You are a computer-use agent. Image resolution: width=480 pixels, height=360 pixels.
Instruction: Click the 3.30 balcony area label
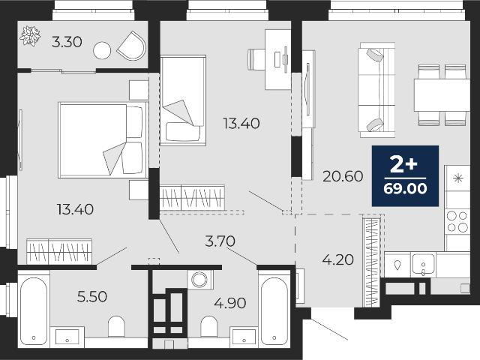(67, 42)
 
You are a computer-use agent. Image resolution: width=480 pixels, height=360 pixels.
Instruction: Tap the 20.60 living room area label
(343, 176)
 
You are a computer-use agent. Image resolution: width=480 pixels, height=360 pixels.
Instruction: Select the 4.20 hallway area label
(338, 259)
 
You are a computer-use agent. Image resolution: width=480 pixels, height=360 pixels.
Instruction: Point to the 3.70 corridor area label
(220, 241)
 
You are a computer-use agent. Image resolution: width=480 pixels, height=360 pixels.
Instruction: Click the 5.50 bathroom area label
(92, 296)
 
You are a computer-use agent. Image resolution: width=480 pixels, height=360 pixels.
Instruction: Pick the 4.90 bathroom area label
(230, 303)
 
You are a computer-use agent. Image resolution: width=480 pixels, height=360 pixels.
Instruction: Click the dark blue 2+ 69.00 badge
(405, 175)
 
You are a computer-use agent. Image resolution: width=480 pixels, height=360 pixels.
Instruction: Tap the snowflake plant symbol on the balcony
(30, 36)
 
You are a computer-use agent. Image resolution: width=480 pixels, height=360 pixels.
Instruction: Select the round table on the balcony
(102, 50)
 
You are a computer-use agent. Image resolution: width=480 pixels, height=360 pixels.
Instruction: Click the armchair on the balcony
(132, 46)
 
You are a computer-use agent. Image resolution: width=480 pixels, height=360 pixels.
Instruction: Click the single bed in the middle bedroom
(183, 100)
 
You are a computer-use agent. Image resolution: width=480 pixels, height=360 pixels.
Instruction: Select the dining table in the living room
(442, 95)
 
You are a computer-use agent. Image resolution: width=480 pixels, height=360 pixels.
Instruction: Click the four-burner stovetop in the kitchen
(457, 222)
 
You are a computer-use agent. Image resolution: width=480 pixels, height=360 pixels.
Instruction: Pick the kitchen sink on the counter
(423, 263)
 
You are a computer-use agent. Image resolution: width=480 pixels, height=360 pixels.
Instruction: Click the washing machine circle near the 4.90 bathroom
(199, 280)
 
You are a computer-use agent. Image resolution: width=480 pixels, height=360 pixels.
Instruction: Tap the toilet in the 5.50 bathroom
(116, 326)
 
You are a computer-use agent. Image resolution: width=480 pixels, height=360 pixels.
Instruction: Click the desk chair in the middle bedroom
(256, 59)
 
